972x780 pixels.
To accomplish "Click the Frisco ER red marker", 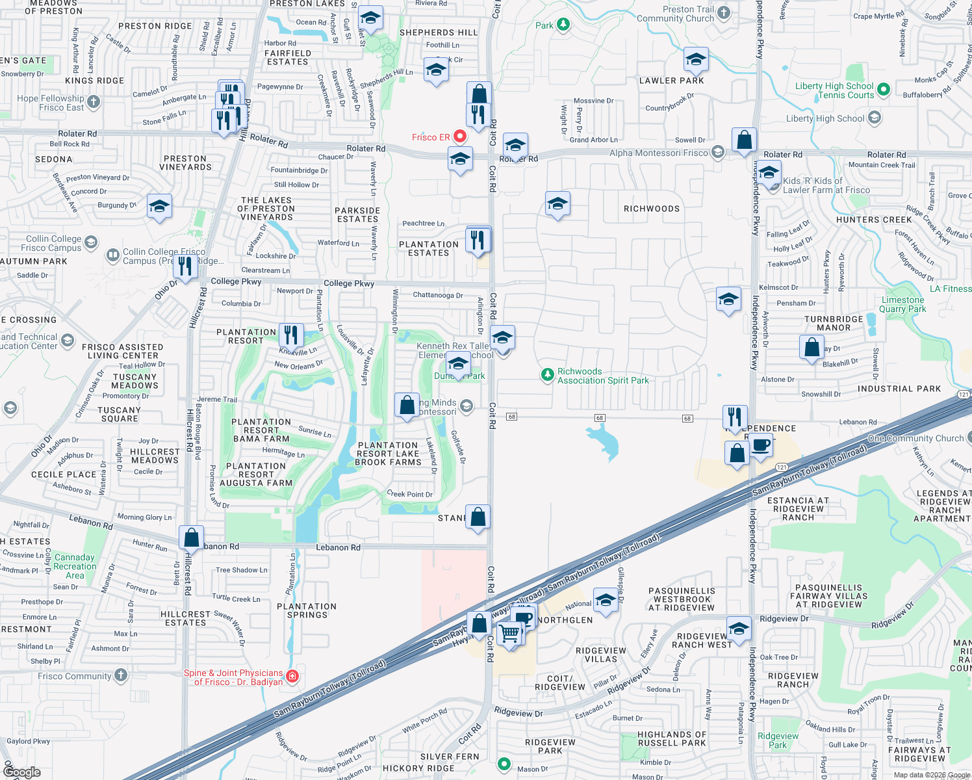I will point(460,136).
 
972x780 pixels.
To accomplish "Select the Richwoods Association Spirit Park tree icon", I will point(548,375).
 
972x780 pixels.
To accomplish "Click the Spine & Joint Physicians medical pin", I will point(292,677).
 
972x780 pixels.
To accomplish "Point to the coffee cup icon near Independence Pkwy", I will point(761,446).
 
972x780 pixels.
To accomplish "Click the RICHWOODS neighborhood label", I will point(651,209).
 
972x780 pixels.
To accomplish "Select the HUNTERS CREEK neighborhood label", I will point(874,220).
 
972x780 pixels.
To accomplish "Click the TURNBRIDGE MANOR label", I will point(834,323).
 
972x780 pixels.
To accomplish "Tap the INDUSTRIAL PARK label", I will point(899,389).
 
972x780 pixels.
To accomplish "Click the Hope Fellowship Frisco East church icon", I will point(94,101).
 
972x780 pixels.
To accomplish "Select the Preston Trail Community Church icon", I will point(724,13).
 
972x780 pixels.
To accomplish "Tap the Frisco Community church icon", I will point(121,675).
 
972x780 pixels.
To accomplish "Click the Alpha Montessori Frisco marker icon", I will point(718,152).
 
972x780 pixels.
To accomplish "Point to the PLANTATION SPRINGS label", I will point(307,610).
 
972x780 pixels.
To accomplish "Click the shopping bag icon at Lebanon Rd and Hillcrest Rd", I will point(192,538).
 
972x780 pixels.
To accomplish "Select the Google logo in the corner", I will point(22,772).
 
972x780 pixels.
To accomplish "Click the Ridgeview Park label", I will point(778,740).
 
